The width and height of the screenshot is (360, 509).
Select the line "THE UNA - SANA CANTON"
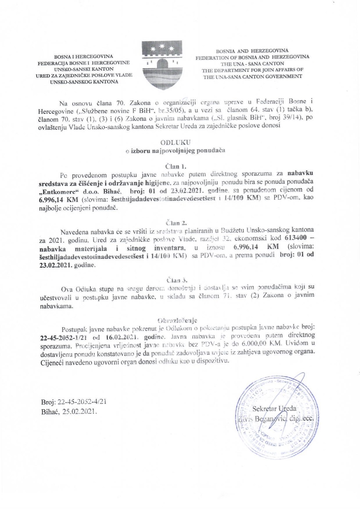pos(252,64)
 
